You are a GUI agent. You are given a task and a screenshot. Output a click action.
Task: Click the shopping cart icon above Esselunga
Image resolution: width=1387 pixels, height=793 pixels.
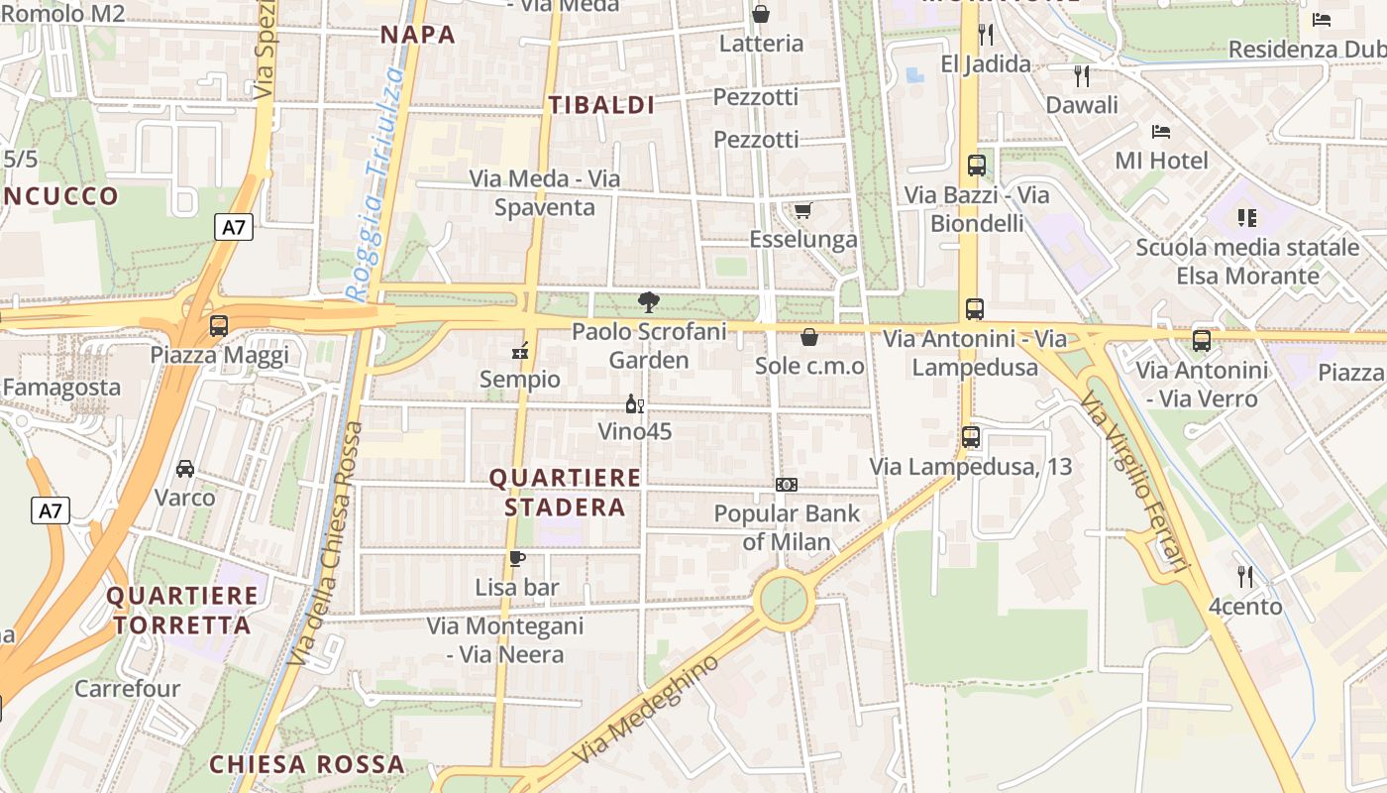[802, 210]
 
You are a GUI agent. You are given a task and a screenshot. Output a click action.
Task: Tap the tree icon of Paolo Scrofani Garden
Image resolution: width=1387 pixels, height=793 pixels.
[649, 301]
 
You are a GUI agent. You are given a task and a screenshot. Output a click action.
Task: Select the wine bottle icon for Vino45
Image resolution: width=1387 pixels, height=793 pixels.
[634, 403]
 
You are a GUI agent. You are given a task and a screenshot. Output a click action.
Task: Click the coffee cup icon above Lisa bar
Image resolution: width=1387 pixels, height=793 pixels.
[516, 558]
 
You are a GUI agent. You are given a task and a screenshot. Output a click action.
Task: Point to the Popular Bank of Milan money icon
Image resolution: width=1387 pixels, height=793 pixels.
[787, 485]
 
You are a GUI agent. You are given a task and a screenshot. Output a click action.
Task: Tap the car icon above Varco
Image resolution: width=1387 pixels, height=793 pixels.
[185, 468]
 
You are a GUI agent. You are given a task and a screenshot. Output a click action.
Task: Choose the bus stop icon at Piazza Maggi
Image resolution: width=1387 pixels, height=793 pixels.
[219, 325]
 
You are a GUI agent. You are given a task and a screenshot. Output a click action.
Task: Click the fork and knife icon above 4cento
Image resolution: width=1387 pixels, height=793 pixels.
[1245, 576]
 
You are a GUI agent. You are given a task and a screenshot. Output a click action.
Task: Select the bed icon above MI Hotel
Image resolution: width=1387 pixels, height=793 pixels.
[1161, 131]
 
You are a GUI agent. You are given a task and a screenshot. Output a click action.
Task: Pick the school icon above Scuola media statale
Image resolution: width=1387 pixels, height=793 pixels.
[1246, 217]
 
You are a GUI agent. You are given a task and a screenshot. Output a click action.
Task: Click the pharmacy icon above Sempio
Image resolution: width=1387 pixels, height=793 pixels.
[519, 351]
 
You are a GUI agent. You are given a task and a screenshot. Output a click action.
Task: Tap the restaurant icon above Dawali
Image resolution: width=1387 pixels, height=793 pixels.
[1082, 75]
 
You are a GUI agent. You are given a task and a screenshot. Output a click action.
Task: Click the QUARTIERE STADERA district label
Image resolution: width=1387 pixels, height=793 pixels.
[566, 493]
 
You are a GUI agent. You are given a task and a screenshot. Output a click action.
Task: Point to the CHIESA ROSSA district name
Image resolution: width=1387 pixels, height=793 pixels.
[307, 764]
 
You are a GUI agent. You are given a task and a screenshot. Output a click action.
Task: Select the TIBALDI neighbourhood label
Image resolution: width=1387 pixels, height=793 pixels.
[602, 105]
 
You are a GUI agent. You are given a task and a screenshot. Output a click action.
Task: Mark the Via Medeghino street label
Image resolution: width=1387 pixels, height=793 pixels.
[644, 709]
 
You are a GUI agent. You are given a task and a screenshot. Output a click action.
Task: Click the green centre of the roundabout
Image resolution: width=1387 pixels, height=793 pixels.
[785, 600]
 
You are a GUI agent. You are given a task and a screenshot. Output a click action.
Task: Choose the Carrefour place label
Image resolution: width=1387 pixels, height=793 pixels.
[128, 688]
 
